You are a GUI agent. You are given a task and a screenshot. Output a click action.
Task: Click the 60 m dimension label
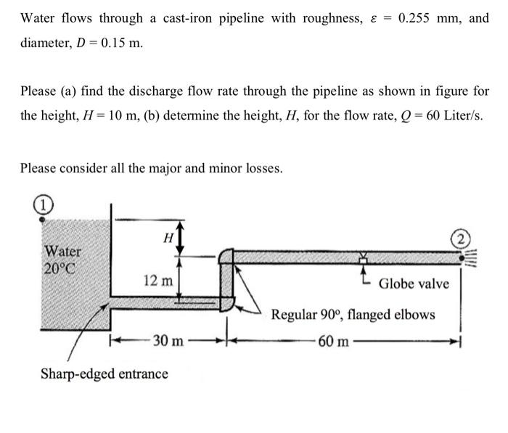click(332, 340)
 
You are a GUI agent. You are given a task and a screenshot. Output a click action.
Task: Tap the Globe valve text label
click(414, 283)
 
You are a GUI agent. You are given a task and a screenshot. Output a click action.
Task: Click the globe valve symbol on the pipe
click(361, 257)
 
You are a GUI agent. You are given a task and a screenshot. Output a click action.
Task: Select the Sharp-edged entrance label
click(104, 374)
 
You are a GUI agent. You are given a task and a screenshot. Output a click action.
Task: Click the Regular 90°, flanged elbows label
click(353, 315)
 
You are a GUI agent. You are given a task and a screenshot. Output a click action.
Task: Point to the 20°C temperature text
click(64, 267)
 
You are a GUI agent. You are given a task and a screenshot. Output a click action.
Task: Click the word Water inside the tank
click(64, 251)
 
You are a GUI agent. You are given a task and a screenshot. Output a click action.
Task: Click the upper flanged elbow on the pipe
click(226, 256)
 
